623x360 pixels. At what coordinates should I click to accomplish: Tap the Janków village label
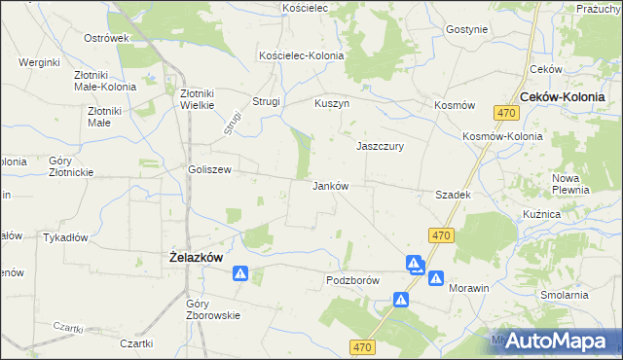[x=330, y=185]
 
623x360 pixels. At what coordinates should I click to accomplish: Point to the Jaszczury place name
[x=380, y=146]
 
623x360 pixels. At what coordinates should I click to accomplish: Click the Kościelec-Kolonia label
[x=301, y=55]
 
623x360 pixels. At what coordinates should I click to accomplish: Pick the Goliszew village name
[x=209, y=168]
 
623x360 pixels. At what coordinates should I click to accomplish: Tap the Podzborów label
[x=351, y=279]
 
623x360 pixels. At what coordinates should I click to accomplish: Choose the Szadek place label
[x=454, y=195]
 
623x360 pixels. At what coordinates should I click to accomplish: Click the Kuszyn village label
[x=332, y=102]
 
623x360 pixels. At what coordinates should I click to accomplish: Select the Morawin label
[x=468, y=289]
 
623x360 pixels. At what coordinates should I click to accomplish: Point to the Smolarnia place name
[x=566, y=294]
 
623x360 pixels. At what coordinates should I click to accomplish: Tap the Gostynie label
[x=466, y=29]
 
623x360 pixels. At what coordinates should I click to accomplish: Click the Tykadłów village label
[x=66, y=236]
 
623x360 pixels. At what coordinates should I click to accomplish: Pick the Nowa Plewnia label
[x=571, y=184]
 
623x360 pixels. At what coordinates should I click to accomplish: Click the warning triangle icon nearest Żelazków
[x=239, y=275]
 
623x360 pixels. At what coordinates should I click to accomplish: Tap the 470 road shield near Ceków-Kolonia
[x=505, y=113]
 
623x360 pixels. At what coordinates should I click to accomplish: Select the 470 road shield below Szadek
[x=441, y=235]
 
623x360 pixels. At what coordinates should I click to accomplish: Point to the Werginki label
[x=39, y=62]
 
